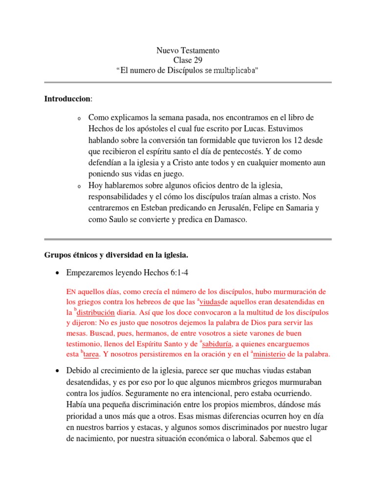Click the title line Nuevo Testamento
pyautogui.click(x=188, y=50)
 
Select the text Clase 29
pyautogui.click(x=188, y=60)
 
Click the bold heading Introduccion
pyautogui.click(x=68, y=99)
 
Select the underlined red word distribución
pyautogui.click(x=96, y=312)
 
